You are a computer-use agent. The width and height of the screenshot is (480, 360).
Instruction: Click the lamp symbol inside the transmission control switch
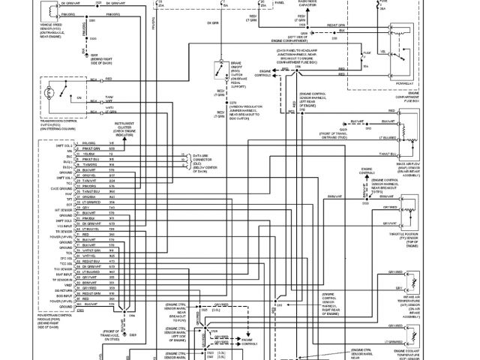pos(50,94)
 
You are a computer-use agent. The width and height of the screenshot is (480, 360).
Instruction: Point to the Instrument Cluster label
pos(124,128)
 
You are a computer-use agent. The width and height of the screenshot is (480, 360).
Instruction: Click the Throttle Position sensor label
pos(418,235)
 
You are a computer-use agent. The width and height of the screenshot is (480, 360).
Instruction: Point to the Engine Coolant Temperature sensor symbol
pos(411,349)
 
